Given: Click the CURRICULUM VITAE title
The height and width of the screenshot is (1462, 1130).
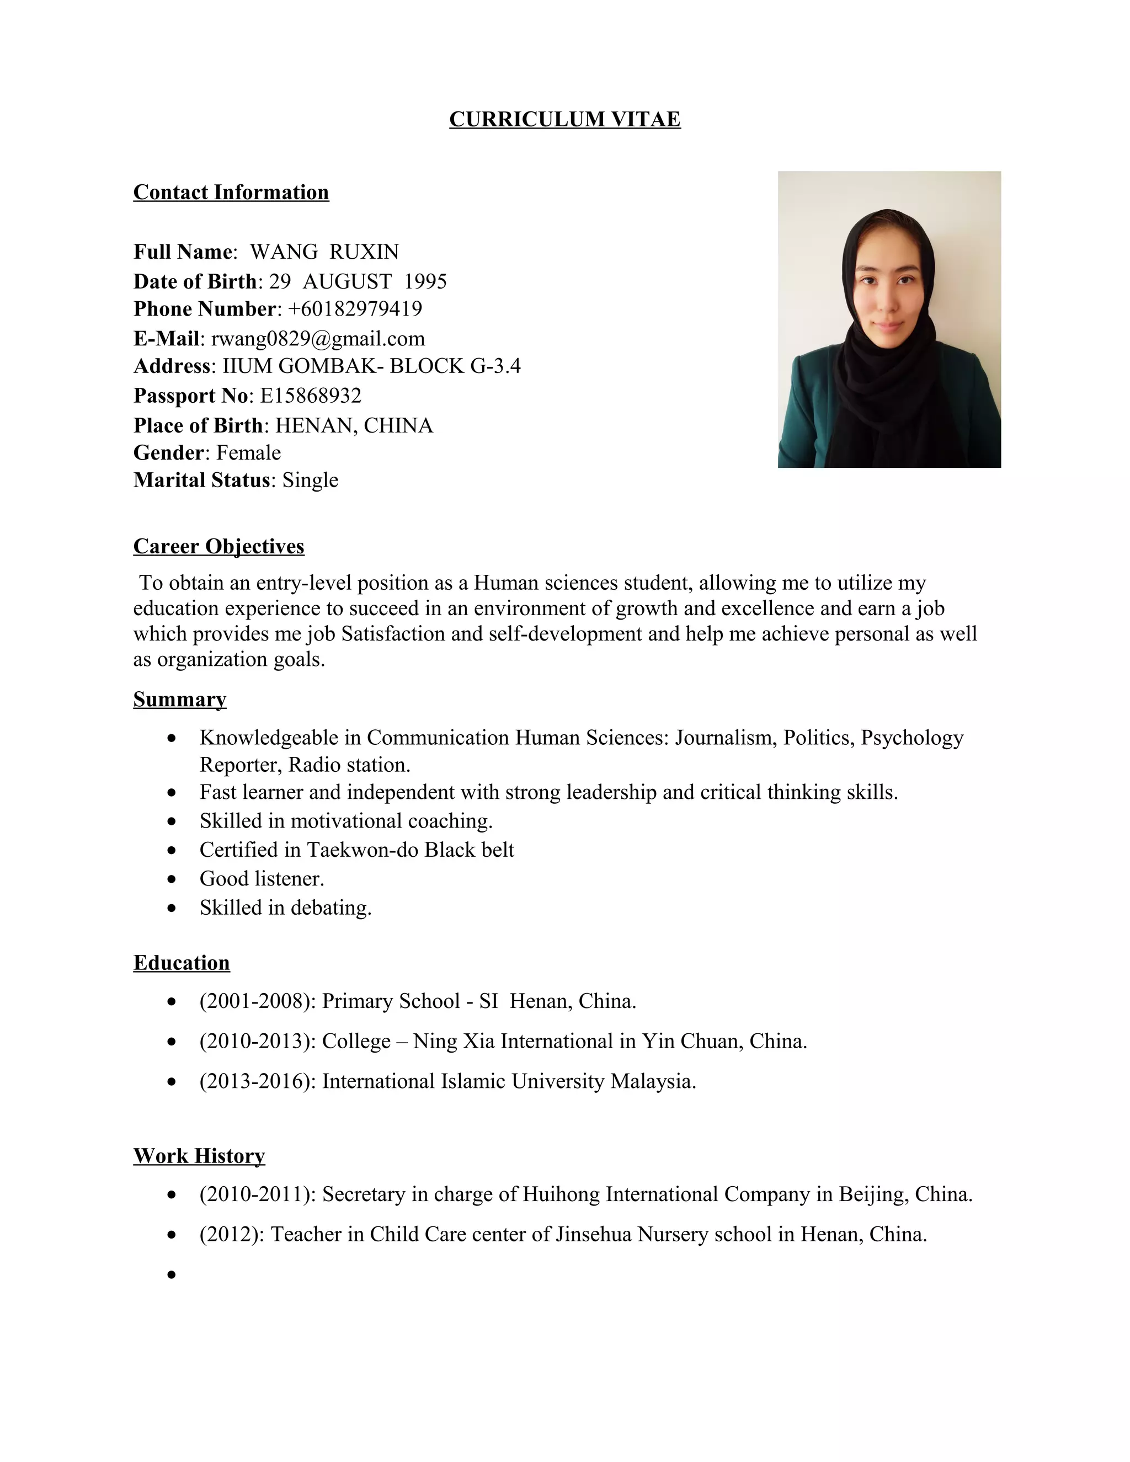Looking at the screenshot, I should click(564, 119).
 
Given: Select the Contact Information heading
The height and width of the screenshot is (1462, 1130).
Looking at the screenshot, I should click(231, 192).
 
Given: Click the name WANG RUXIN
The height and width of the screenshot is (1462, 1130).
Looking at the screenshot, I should click(324, 252).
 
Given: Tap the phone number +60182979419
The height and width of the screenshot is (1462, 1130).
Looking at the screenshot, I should click(355, 308).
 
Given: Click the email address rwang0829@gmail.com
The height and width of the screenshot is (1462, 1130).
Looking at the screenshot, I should click(318, 339).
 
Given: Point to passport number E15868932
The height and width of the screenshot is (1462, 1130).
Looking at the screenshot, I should click(311, 396).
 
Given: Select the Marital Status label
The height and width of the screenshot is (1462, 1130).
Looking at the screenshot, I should click(201, 480).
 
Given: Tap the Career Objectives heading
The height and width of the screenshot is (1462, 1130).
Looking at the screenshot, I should click(218, 546).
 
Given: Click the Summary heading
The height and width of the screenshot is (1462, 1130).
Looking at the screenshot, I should click(179, 699).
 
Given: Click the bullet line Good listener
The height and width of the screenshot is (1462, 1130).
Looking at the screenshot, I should click(262, 878).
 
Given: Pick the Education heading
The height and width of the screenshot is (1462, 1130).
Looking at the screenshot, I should click(182, 963).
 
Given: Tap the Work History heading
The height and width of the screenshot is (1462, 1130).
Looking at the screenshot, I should click(199, 1155).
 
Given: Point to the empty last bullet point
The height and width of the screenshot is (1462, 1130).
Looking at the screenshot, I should click(172, 1274).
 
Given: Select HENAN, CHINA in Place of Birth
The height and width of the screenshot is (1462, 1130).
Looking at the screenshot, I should click(354, 426).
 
